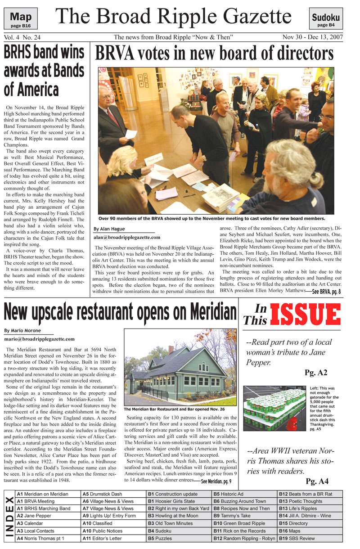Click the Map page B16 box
[21, 19]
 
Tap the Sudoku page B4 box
[326, 20]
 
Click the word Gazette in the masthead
[249, 17]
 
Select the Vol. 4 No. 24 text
[22, 37]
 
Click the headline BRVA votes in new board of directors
[214, 54]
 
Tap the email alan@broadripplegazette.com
[127, 237]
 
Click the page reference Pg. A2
[315, 373]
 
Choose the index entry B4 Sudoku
[164, 531]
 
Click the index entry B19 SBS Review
[297, 538]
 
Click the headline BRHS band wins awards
[44, 71]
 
